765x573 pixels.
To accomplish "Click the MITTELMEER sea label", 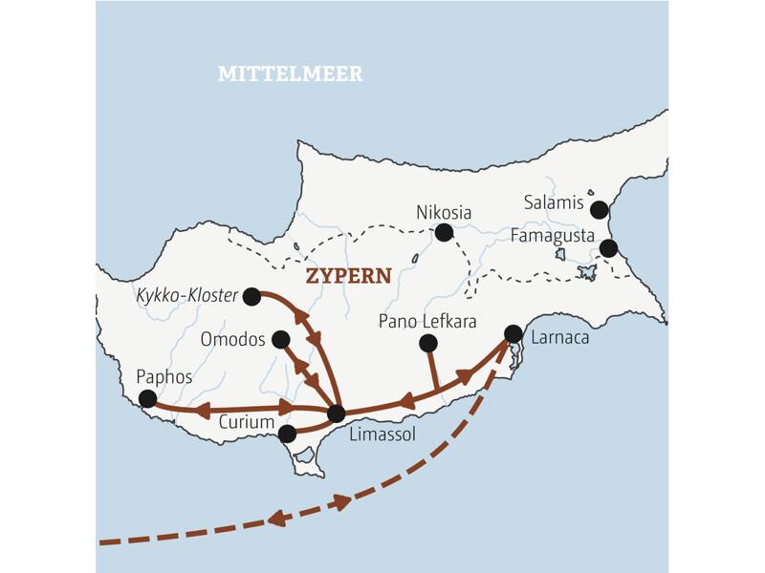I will point(291,74).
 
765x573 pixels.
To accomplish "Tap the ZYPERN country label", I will point(348,276).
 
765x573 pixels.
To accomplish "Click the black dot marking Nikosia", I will point(444,232).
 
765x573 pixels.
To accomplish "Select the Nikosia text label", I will point(445,212).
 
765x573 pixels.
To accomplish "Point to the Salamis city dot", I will point(600,209).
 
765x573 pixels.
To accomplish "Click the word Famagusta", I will point(552,235).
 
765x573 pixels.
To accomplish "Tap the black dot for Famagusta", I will point(608,249).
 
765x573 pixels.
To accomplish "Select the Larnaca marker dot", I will point(514,333).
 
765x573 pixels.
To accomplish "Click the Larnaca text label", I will point(560,337).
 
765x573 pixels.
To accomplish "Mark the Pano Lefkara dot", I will point(428,343).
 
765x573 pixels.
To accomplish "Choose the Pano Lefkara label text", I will point(427,320).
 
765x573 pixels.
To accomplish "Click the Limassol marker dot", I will point(336,414).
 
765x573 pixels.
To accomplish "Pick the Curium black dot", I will point(287,434).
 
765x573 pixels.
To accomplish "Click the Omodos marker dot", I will point(280,339).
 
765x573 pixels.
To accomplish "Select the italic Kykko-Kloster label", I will point(186,296).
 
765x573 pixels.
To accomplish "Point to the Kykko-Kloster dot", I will point(251,297).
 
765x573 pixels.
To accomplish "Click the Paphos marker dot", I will point(147,398).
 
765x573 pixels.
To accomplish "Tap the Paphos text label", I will point(164,376).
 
